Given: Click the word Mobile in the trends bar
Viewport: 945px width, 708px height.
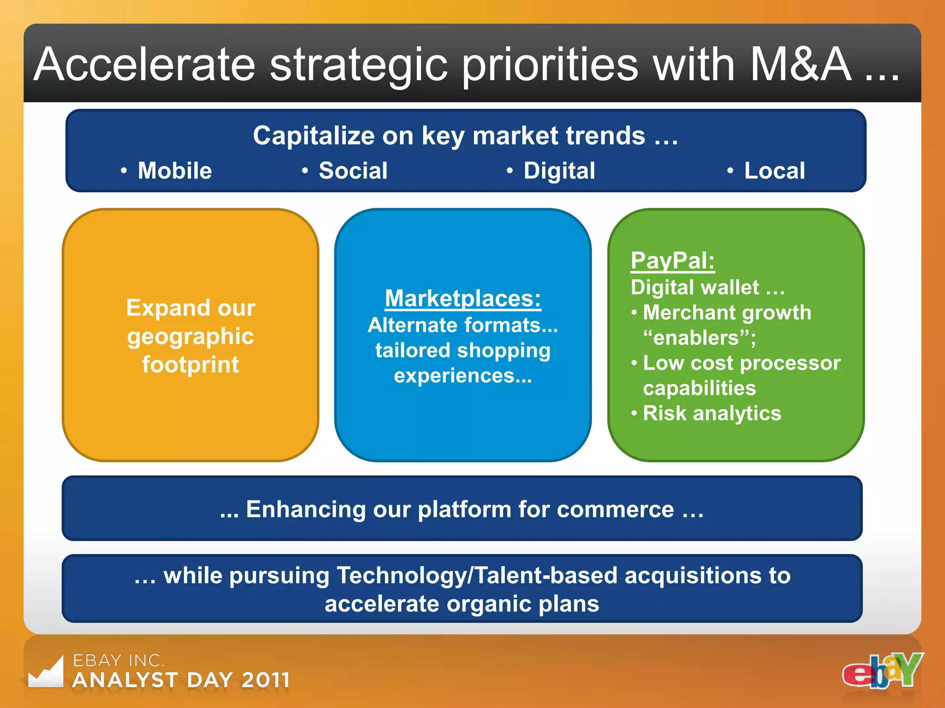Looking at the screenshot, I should [174, 171].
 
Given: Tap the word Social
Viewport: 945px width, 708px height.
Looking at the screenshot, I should [353, 171].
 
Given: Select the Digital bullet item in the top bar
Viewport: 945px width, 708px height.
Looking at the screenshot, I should [559, 171].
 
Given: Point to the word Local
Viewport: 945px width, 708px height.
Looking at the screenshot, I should [774, 171].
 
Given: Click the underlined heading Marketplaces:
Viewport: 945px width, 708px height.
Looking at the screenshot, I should [463, 298].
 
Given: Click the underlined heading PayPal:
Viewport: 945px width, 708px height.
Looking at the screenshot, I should [672, 260].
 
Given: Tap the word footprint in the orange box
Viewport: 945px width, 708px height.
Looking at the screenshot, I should [190, 365].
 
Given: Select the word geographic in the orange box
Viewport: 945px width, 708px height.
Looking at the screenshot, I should [191, 336].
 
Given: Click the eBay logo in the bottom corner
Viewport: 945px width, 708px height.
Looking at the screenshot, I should [882, 671].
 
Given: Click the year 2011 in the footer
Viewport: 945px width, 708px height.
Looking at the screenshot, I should [266, 680].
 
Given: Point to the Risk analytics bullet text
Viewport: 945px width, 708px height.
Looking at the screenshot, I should [712, 413].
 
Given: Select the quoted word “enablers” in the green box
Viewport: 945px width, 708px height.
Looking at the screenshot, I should [698, 338].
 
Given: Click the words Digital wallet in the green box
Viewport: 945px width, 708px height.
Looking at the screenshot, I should [694, 288].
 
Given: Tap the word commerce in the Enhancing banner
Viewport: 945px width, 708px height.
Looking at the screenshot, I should [615, 509].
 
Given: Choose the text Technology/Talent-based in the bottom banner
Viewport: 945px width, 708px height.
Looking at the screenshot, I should [477, 576].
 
